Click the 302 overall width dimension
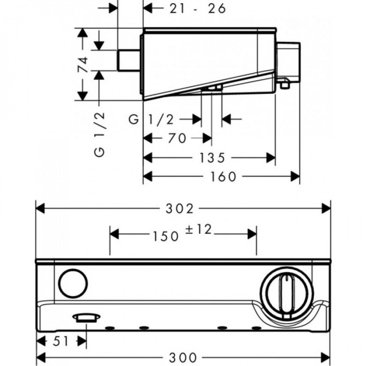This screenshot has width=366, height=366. point(183,208)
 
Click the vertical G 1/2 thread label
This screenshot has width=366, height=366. point(100,134)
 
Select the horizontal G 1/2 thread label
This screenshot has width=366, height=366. point(152,120)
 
